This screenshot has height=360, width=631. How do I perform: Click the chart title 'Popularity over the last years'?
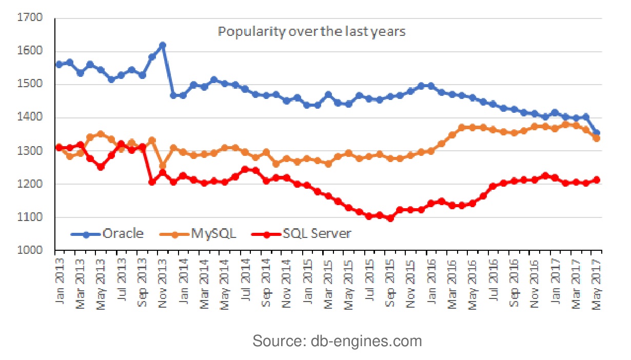[x=311, y=32]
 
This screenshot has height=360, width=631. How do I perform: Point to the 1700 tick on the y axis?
[x=32, y=18]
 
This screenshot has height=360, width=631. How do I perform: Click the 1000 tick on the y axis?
[x=32, y=251]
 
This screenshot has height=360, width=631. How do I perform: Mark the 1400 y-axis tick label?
[x=32, y=118]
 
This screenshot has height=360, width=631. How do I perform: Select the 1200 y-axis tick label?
[x=32, y=184]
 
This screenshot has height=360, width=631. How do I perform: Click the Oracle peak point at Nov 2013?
[x=163, y=45]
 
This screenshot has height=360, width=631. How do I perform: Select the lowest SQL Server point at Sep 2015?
[x=390, y=218]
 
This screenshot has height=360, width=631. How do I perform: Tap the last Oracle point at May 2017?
[x=597, y=133]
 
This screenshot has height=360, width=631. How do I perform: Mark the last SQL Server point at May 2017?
[x=597, y=180]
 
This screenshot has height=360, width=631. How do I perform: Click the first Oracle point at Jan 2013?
[x=59, y=64]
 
